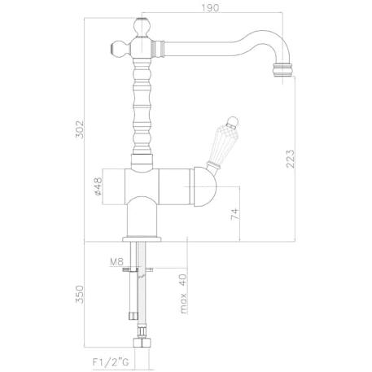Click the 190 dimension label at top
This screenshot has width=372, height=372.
click(210, 8)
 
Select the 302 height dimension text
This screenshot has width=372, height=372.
click(80, 129)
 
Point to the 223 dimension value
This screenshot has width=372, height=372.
click(290, 159)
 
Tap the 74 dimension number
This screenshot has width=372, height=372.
click(235, 214)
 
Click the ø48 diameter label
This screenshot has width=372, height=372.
click(98, 186)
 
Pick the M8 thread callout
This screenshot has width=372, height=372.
click(116, 262)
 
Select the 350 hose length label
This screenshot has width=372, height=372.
click(80, 294)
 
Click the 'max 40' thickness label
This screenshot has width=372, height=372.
click(184, 294)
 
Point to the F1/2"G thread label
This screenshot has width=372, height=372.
click(111, 362)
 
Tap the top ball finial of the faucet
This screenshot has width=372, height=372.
click(142, 28)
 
